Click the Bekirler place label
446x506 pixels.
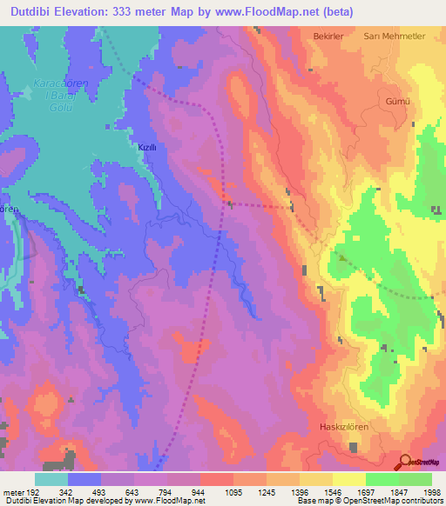click(330, 37)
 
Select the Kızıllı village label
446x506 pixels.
click(147, 148)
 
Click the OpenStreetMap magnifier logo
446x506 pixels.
click(404, 462)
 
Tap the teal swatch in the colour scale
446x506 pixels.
click(51, 479)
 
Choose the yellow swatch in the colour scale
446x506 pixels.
click(348, 479)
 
